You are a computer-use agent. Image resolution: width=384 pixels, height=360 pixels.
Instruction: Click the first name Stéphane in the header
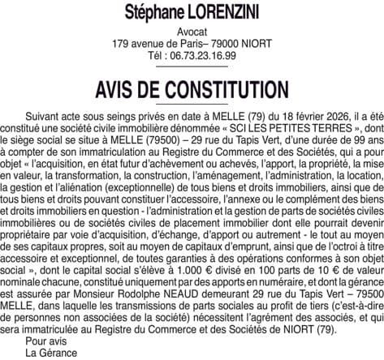click(x=152, y=14)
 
